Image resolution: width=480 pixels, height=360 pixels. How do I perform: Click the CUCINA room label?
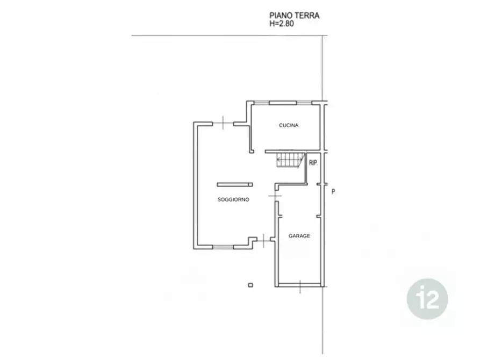click(x=288, y=125)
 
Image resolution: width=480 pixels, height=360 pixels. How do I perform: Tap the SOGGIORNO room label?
click(x=233, y=199)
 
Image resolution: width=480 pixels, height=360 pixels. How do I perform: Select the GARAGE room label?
click(x=299, y=236)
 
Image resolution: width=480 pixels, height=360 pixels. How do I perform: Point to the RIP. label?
click(x=313, y=163)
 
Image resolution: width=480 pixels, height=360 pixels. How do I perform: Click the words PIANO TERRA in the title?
click(x=294, y=15)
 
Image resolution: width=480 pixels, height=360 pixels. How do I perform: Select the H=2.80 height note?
click(x=281, y=24)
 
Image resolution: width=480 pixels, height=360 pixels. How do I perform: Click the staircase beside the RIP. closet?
click(x=291, y=160)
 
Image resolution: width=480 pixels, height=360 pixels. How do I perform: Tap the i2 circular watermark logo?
click(x=427, y=299)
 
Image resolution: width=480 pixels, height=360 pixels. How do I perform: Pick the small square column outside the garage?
click(x=250, y=285)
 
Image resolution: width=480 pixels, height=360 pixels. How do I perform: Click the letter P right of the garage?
click(x=333, y=192)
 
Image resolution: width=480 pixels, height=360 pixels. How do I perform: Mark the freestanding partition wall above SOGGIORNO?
click(x=235, y=185)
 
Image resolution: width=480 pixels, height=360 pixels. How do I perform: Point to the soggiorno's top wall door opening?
click(x=223, y=124)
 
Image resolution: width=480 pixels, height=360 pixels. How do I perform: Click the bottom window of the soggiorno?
click(x=223, y=247)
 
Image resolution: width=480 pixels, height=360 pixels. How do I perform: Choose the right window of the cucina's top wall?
click(x=304, y=103)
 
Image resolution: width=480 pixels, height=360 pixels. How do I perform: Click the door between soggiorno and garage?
click(x=275, y=196)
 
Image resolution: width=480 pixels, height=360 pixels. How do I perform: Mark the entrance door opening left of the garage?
click(x=264, y=241)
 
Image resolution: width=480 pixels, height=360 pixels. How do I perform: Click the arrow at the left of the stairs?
click(x=279, y=159)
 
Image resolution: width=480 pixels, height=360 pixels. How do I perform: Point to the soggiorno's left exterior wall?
click(x=195, y=185)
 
